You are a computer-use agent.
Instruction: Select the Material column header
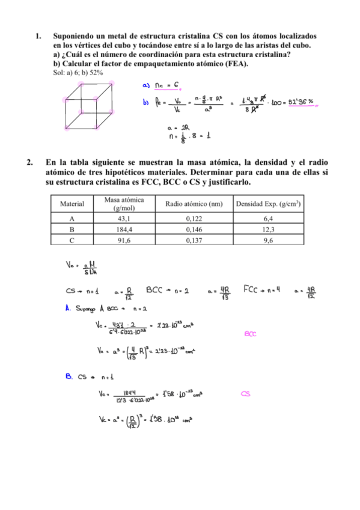pos(72,204)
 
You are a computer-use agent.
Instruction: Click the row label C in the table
pos(72,240)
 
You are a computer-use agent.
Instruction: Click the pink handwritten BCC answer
pos(251,334)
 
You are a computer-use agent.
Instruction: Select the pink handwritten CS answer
pos(245,395)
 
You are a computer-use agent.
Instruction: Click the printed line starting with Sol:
pos(78,72)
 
